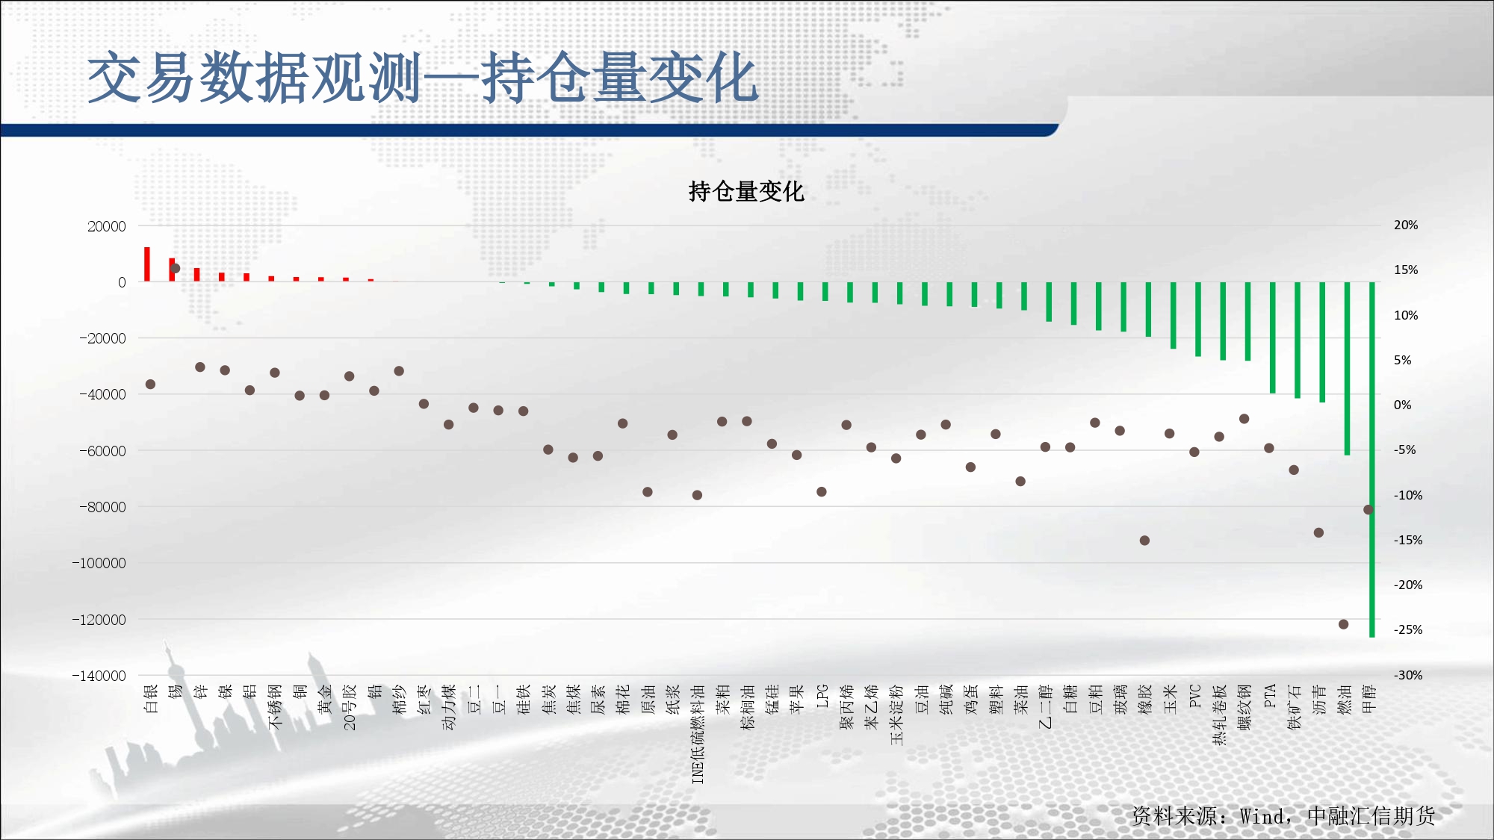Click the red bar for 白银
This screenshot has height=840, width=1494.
[147, 264]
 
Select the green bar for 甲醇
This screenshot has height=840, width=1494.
[1372, 459]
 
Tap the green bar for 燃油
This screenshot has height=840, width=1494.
[1348, 368]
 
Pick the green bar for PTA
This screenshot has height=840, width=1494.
[1273, 337]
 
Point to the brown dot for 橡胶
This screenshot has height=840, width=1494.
[1144, 541]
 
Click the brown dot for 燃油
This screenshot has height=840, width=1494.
[1343, 624]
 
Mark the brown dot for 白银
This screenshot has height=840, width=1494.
[150, 385]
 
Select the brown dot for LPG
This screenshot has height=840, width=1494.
[822, 492]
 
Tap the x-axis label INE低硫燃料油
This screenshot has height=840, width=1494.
[698, 734]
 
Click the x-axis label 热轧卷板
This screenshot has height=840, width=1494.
[1220, 715]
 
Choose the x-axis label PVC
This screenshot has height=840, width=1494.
[1195, 696]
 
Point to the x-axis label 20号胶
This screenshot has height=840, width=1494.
[350, 707]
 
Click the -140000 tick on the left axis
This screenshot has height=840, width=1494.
[99, 676]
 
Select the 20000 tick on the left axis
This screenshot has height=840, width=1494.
[107, 226]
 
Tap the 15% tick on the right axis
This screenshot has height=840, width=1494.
[1406, 270]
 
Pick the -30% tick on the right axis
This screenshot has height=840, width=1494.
[1408, 675]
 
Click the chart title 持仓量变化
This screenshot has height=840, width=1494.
[746, 192]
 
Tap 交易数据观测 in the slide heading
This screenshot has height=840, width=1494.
[254, 78]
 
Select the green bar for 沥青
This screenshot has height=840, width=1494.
[1322, 342]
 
